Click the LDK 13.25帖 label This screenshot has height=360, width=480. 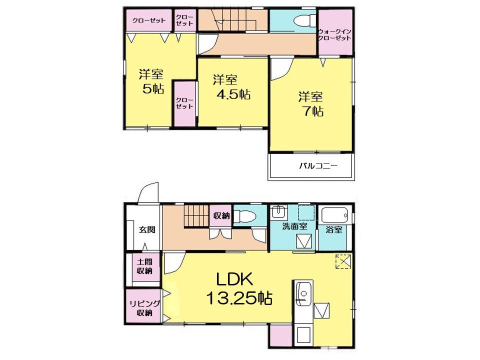(x=239, y=288)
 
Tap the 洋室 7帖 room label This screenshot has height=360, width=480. (x=311, y=104)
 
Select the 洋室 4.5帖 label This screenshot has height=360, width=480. (x=231, y=87)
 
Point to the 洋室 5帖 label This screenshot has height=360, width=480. (x=151, y=81)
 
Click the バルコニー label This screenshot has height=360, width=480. (x=318, y=166)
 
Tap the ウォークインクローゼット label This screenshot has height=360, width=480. (x=334, y=34)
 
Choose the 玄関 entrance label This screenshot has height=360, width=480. (x=147, y=229)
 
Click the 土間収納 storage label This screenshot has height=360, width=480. (x=144, y=266)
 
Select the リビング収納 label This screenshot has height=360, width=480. (x=144, y=308)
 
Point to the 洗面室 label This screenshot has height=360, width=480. (x=294, y=226)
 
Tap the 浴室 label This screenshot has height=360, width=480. (x=333, y=229)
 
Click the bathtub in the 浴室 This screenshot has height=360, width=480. (x=334, y=215)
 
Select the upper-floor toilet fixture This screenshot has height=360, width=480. (x=304, y=21)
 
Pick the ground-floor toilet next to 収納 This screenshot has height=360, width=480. (x=245, y=216)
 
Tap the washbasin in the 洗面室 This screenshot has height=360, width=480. (x=278, y=211)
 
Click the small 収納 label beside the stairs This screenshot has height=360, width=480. (x=221, y=216)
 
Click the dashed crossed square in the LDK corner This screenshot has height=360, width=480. (x=343, y=261)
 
